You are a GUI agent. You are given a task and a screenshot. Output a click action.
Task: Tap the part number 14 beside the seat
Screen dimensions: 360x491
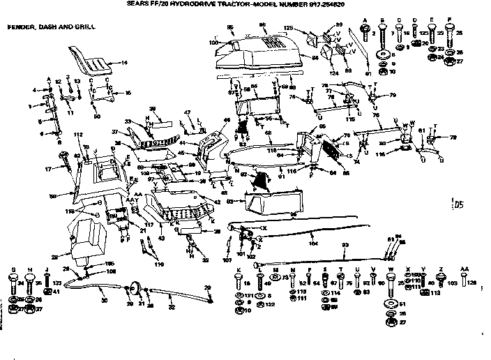point(125,63)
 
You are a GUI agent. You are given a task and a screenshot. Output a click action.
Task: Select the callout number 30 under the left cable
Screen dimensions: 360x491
point(105,301)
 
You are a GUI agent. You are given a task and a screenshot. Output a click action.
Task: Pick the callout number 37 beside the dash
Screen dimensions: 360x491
point(115,131)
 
